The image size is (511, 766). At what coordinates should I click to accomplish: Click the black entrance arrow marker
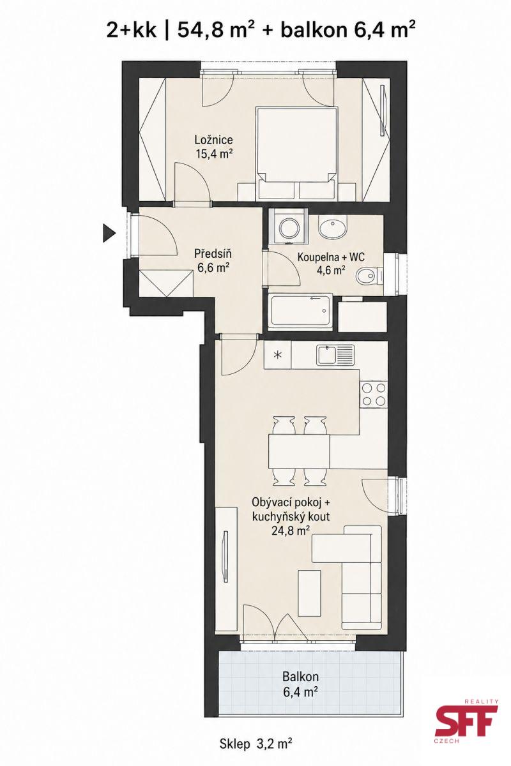(x=109, y=234)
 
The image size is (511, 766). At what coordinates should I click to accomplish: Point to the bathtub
(x=300, y=311)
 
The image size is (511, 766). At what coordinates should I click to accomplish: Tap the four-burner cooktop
(x=373, y=394)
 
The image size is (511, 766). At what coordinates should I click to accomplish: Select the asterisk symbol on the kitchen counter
(x=277, y=355)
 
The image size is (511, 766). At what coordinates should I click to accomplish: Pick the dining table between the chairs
(x=299, y=451)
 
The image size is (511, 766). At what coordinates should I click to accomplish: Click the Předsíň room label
(x=213, y=254)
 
